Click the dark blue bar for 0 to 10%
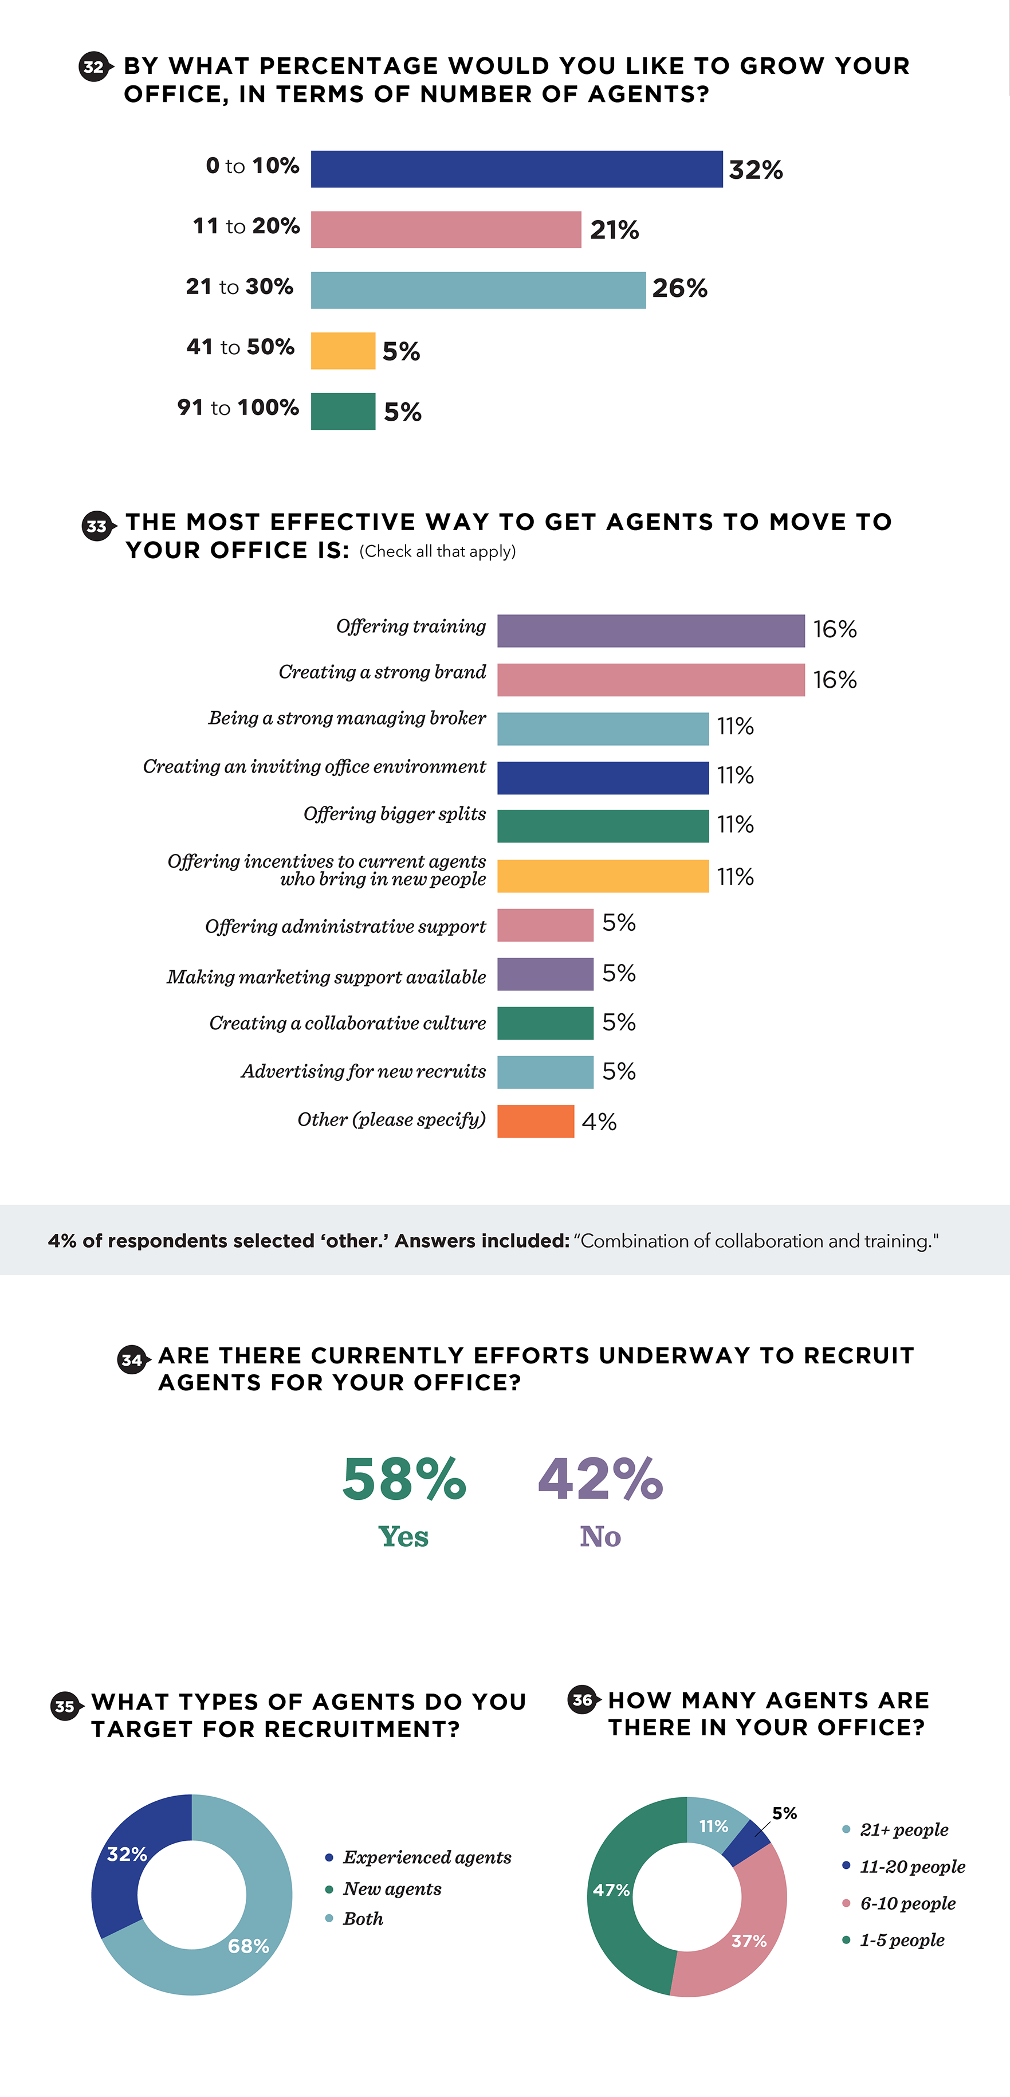tap(516, 169)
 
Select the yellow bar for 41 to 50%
tap(343, 351)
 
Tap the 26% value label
tap(679, 288)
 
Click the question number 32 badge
tap(93, 66)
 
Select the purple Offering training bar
tap(650, 631)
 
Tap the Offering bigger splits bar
tap(602, 826)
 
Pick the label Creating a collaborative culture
tap(348, 1023)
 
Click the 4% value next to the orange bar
tap(599, 1122)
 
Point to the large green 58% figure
tap(404, 1479)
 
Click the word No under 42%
tap(600, 1536)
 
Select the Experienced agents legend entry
tap(426, 1857)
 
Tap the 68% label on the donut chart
tap(248, 1946)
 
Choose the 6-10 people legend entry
tap(907, 1903)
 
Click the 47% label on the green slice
tap(610, 1890)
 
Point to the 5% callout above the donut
tap(784, 1813)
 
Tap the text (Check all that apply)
tap(437, 551)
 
